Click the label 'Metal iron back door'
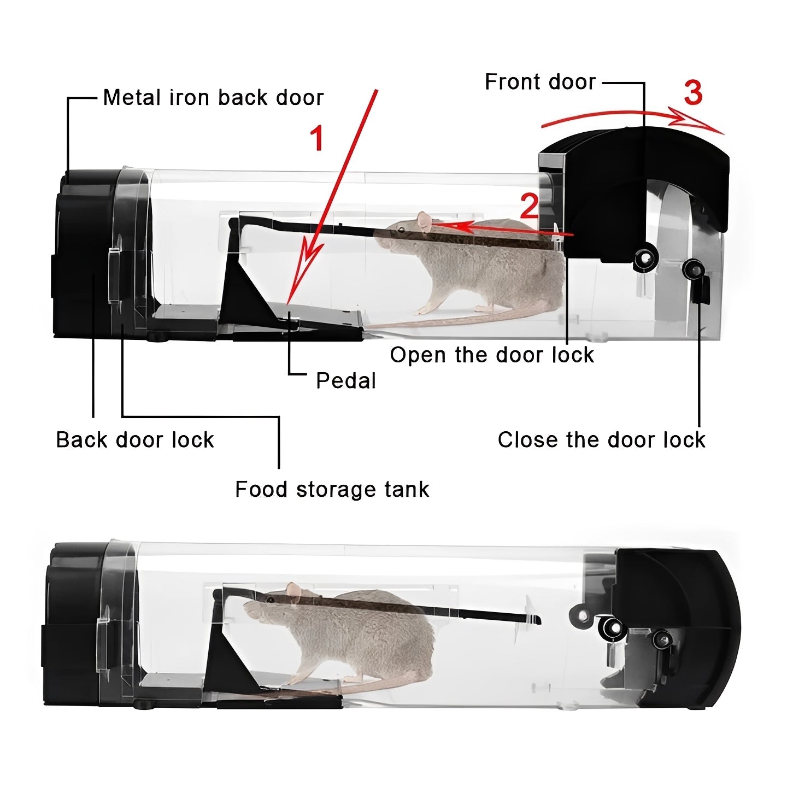pyautogui.click(x=213, y=98)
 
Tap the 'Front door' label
pyautogui.click(x=540, y=82)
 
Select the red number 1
pyautogui.click(x=317, y=138)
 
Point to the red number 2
pyautogui.click(x=528, y=207)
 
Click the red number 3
pyautogui.click(x=693, y=93)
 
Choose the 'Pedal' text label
pyautogui.click(x=346, y=381)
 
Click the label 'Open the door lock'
pyautogui.click(x=491, y=355)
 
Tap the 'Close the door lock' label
pyautogui.click(x=601, y=440)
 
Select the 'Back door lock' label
pyautogui.click(x=135, y=440)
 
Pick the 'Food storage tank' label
pyautogui.click(x=332, y=489)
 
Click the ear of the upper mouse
pyautogui.click(x=424, y=220)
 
